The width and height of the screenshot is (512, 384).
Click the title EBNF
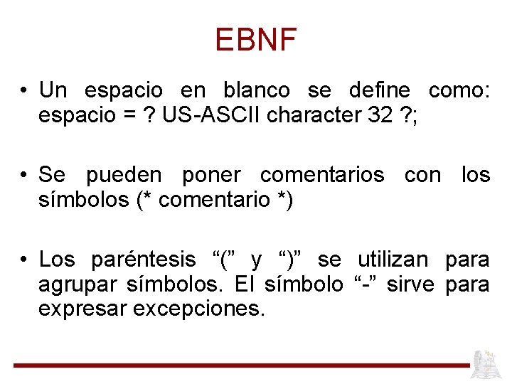[x=255, y=40]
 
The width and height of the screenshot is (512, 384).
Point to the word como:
[x=459, y=91]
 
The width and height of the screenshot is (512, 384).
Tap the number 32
[x=381, y=117]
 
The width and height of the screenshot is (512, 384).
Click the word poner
[x=212, y=175]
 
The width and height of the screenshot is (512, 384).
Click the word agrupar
[x=78, y=285]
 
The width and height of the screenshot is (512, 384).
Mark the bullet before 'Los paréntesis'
[x=24, y=260]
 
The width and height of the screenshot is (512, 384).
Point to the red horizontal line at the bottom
[x=242, y=365]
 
